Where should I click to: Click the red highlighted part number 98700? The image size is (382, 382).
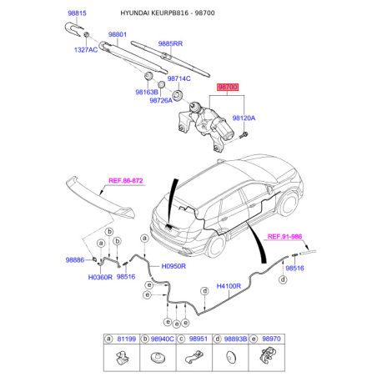(x=228, y=87)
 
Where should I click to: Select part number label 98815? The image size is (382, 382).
(x=77, y=13)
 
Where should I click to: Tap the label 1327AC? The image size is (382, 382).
(x=86, y=50)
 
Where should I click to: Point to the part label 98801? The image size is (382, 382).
(x=118, y=34)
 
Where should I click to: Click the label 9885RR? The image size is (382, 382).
(x=170, y=43)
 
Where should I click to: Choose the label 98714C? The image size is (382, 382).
(x=179, y=78)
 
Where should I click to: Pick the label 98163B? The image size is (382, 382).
(x=147, y=92)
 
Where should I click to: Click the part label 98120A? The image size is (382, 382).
(x=244, y=118)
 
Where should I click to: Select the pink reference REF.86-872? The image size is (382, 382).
(x=126, y=181)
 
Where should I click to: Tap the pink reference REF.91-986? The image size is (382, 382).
(x=284, y=237)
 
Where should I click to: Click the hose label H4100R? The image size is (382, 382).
(x=229, y=286)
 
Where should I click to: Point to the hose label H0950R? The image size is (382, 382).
(x=173, y=266)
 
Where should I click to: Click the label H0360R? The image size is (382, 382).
(x=100, y=277)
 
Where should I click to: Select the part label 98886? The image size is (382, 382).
(x=75, y=260)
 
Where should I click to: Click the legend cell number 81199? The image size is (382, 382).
(x=127, y=339)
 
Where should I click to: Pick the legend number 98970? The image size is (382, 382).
(x=271, y=339)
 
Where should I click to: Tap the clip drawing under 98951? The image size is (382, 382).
(x=194, y=357)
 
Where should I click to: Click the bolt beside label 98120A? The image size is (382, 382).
(x=244, y=136)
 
